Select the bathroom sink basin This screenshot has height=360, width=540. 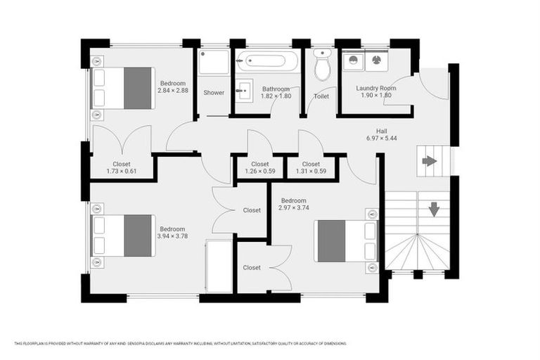point(244,90)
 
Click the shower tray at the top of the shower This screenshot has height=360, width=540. point(214,63)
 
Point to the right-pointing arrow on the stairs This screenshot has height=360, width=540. point(429,161)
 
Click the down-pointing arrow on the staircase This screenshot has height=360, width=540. point(434,209)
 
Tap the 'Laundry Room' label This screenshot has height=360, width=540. point(375,89)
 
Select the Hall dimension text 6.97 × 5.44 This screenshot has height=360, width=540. point(381,139)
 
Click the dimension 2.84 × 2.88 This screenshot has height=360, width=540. point(172,91)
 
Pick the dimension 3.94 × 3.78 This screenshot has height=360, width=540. point(172,236)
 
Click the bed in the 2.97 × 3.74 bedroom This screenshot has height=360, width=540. point(345,241)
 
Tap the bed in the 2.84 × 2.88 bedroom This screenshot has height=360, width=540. point(123,88)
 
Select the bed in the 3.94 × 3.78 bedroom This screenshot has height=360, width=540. point(123,236)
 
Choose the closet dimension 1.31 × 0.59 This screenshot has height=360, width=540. point(311,171)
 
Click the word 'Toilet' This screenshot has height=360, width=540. point(321,96)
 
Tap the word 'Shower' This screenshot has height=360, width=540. point(214,93)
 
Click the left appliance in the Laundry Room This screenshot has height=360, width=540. point(353,60)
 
